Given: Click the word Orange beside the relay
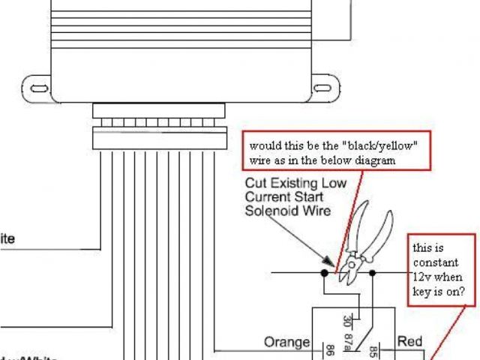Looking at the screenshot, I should [x=287, y=343].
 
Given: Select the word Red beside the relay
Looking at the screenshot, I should [x=409, y=342].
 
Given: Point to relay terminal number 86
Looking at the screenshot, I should [x=328, y=349].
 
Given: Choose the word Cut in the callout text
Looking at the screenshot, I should [x=256, y=183].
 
